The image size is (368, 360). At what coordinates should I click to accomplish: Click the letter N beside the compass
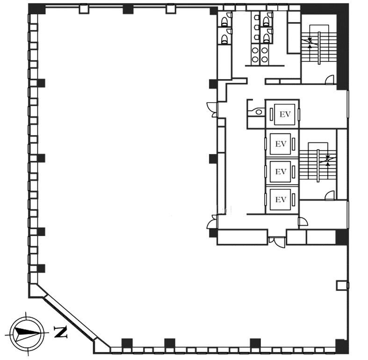coord(61,331)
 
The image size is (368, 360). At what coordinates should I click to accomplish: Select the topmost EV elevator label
coord(285,114)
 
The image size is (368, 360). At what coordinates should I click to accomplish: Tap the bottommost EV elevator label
coord(281,200)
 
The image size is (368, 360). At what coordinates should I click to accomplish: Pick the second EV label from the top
coord(281,144)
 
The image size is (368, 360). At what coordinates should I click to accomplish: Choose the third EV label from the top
coord(281,172)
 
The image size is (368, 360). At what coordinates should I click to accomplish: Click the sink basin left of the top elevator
coord(259,112)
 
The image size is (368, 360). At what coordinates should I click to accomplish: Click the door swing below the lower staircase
coord(330,195)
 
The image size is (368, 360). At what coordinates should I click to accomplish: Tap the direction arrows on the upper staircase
coord(310,43)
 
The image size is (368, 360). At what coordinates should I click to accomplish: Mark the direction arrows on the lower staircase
coord(328,160)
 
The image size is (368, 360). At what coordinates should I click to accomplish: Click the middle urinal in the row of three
coord(257,27)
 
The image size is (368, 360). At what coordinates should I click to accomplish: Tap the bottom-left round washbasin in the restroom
coord(255,59)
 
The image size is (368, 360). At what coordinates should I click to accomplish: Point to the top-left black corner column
coord(36,9)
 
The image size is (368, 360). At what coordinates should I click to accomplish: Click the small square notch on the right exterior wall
coord(342,285)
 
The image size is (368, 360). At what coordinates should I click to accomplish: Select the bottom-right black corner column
coord(342,346)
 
